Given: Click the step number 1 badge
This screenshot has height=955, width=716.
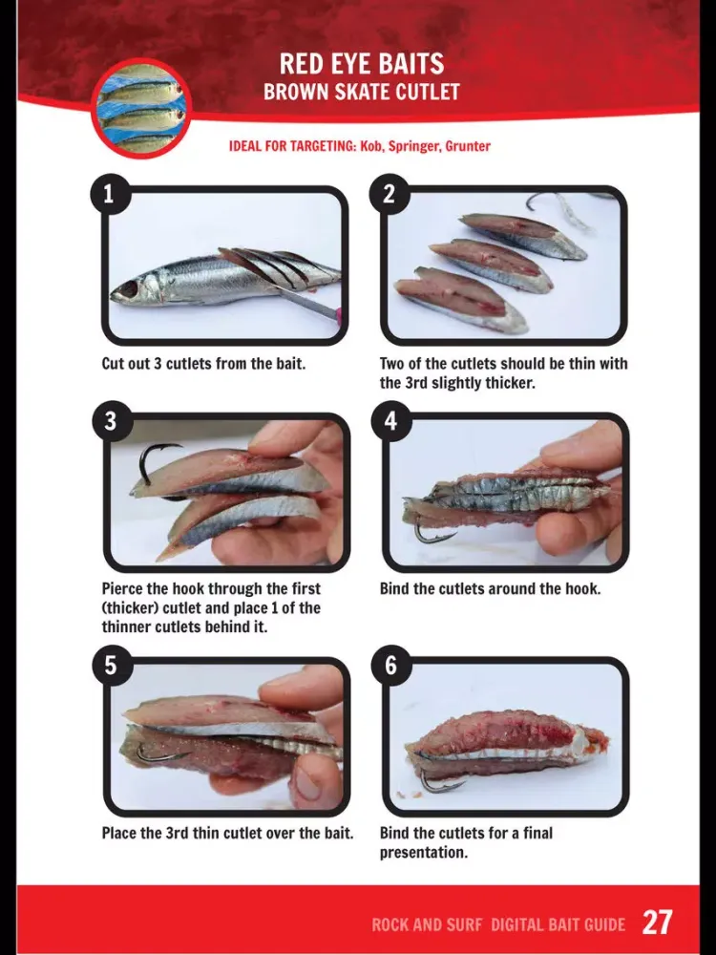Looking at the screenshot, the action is (110, 194).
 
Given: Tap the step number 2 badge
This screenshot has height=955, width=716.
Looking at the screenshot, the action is (390, 194).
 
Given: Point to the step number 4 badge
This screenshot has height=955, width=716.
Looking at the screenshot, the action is (390, 421).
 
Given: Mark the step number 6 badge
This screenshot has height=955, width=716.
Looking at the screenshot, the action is (390, 665).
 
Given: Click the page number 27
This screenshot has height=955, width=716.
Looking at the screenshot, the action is (658, 923).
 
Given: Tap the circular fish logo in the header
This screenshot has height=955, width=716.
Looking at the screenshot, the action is (142, 109).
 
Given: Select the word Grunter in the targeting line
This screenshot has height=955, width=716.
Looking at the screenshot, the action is (468, 146).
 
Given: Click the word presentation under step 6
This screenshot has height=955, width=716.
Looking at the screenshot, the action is (424, 853).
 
